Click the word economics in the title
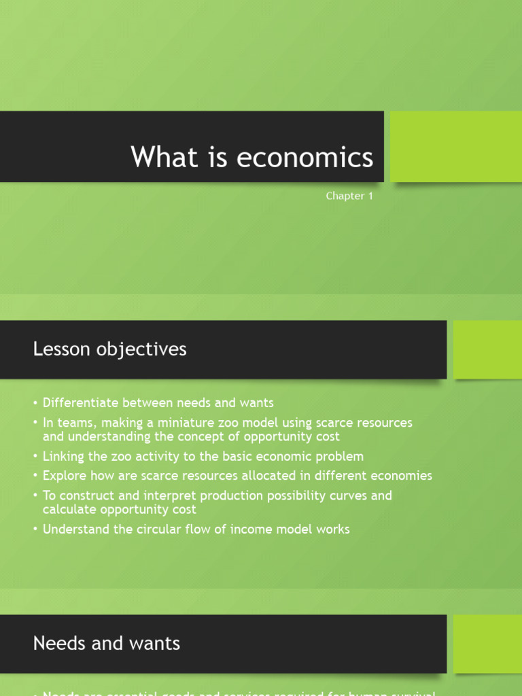tap(304, 157)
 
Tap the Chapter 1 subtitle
tap(349, 196)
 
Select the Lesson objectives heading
tap(109, 349)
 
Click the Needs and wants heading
tap(107, 643)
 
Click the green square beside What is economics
tap(456, 146)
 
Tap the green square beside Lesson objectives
tap(487, 349)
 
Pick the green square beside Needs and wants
tap(487, 643)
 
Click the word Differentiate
tap(82, 403)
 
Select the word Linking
tap(63, 456)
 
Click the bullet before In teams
tap(35, 423)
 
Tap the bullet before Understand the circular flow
tap(35, 529)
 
